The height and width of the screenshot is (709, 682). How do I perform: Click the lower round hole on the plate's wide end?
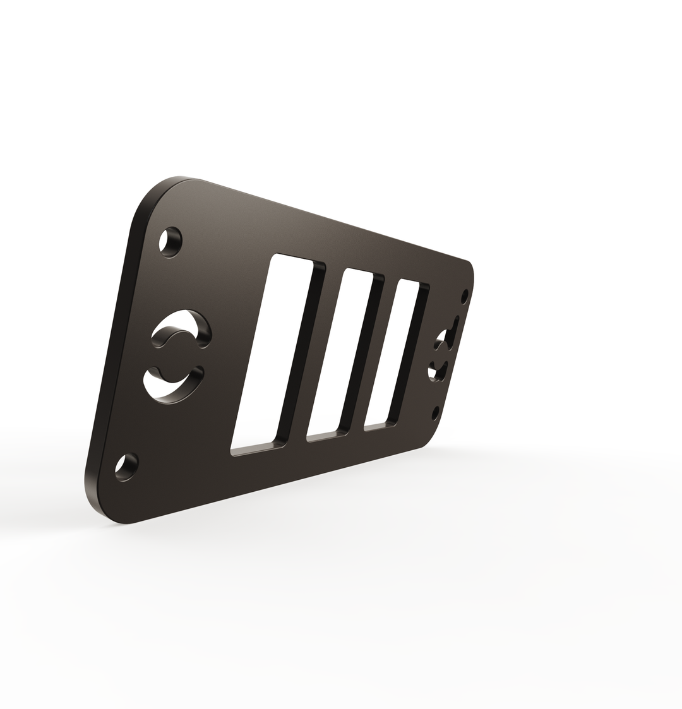point(127,467)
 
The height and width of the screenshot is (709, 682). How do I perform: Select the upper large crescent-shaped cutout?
point(179,327)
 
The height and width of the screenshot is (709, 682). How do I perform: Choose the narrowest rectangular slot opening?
point(393,350)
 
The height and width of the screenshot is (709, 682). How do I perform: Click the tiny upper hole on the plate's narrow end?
point(465,296)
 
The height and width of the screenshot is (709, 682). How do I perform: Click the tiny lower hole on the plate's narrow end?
point(435,413)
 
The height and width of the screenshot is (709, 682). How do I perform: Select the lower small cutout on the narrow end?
point(438,371)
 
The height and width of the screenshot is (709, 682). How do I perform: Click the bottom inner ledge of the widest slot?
point(256,450)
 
